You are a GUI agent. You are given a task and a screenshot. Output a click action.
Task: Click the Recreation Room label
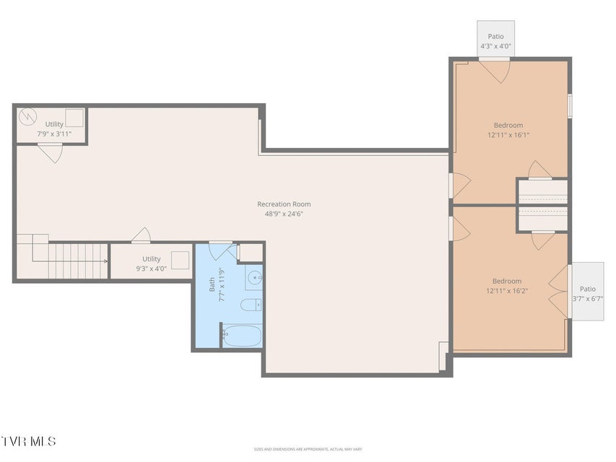coord(284,204)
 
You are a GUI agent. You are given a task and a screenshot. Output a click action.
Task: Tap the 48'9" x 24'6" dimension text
coord(284,214)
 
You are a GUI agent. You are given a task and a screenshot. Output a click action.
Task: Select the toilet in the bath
coord(251,305)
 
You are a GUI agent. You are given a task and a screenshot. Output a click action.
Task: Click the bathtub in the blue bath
coord(242,336)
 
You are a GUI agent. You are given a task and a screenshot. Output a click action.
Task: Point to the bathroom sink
coord(255,278)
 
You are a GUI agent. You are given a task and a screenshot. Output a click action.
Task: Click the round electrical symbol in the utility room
coord(27,116)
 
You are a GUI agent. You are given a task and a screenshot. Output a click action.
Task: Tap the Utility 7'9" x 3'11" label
coord(54,129)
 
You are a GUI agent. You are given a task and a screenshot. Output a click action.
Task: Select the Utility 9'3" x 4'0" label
coord(151,263)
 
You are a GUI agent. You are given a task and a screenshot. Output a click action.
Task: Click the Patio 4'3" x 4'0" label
coord(496,41)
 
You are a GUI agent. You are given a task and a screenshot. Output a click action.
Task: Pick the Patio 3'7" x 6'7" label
coord(588,294)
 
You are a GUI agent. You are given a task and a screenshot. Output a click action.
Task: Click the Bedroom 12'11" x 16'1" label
coord(508,130)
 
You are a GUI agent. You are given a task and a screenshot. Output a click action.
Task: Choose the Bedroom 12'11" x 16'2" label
coord(507,286)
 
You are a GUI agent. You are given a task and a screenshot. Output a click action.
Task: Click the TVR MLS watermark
coord(28,441)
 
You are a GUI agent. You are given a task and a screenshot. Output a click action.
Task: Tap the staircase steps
coord(78,261)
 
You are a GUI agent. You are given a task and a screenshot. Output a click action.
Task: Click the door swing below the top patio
coord(494,71)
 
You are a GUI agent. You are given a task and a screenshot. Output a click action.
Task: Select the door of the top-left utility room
coord(51,154)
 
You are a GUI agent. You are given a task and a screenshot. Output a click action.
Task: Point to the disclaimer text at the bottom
coord(308,449)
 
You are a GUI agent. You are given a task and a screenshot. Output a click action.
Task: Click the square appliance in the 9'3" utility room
coord(181,260)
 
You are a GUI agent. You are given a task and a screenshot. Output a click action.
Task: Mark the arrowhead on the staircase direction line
coord(105,261)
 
